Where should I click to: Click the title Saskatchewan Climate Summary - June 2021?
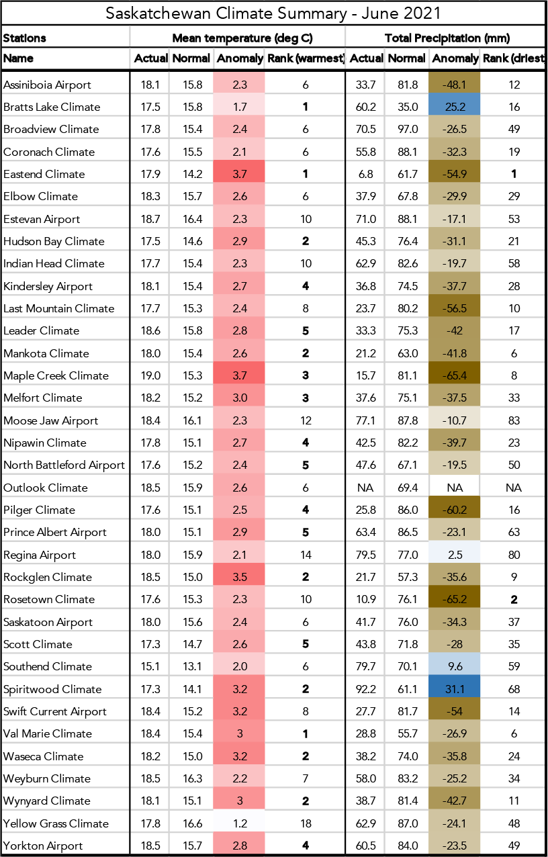273,13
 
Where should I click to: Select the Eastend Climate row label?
44,174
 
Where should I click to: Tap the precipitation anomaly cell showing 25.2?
455,107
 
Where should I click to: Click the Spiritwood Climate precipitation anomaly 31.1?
455,689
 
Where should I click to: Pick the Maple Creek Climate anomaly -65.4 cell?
455,375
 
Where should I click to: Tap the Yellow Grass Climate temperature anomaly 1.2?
239,823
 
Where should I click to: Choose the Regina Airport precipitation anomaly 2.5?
455,555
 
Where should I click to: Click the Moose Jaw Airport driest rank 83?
514,420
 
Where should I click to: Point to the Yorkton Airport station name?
43,846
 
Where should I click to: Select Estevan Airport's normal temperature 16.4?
191,219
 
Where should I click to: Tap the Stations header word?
25,38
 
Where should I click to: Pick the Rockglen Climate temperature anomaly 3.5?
239,577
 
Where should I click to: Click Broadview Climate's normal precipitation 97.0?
406,129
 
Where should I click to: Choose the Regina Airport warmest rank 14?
305,555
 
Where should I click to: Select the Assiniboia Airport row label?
47,85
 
